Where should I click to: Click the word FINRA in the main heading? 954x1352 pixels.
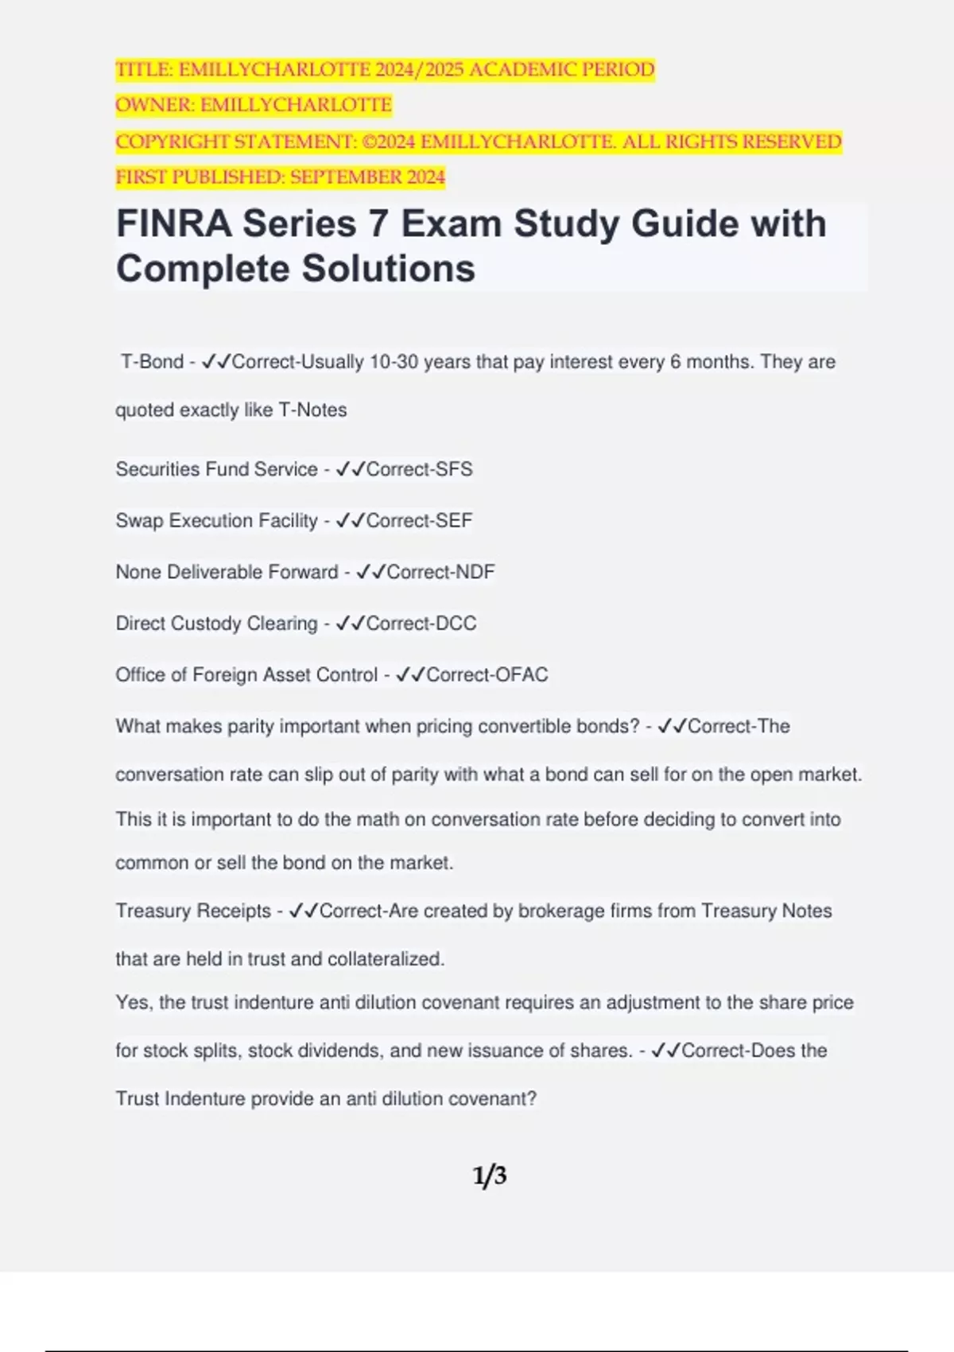pos(174,223)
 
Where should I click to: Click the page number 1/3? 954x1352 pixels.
pos(490,1175)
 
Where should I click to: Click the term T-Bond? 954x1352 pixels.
pos(152,362)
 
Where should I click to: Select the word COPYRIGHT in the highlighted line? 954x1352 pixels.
pos(172,142)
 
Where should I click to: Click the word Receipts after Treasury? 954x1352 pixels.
pos(233,911)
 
